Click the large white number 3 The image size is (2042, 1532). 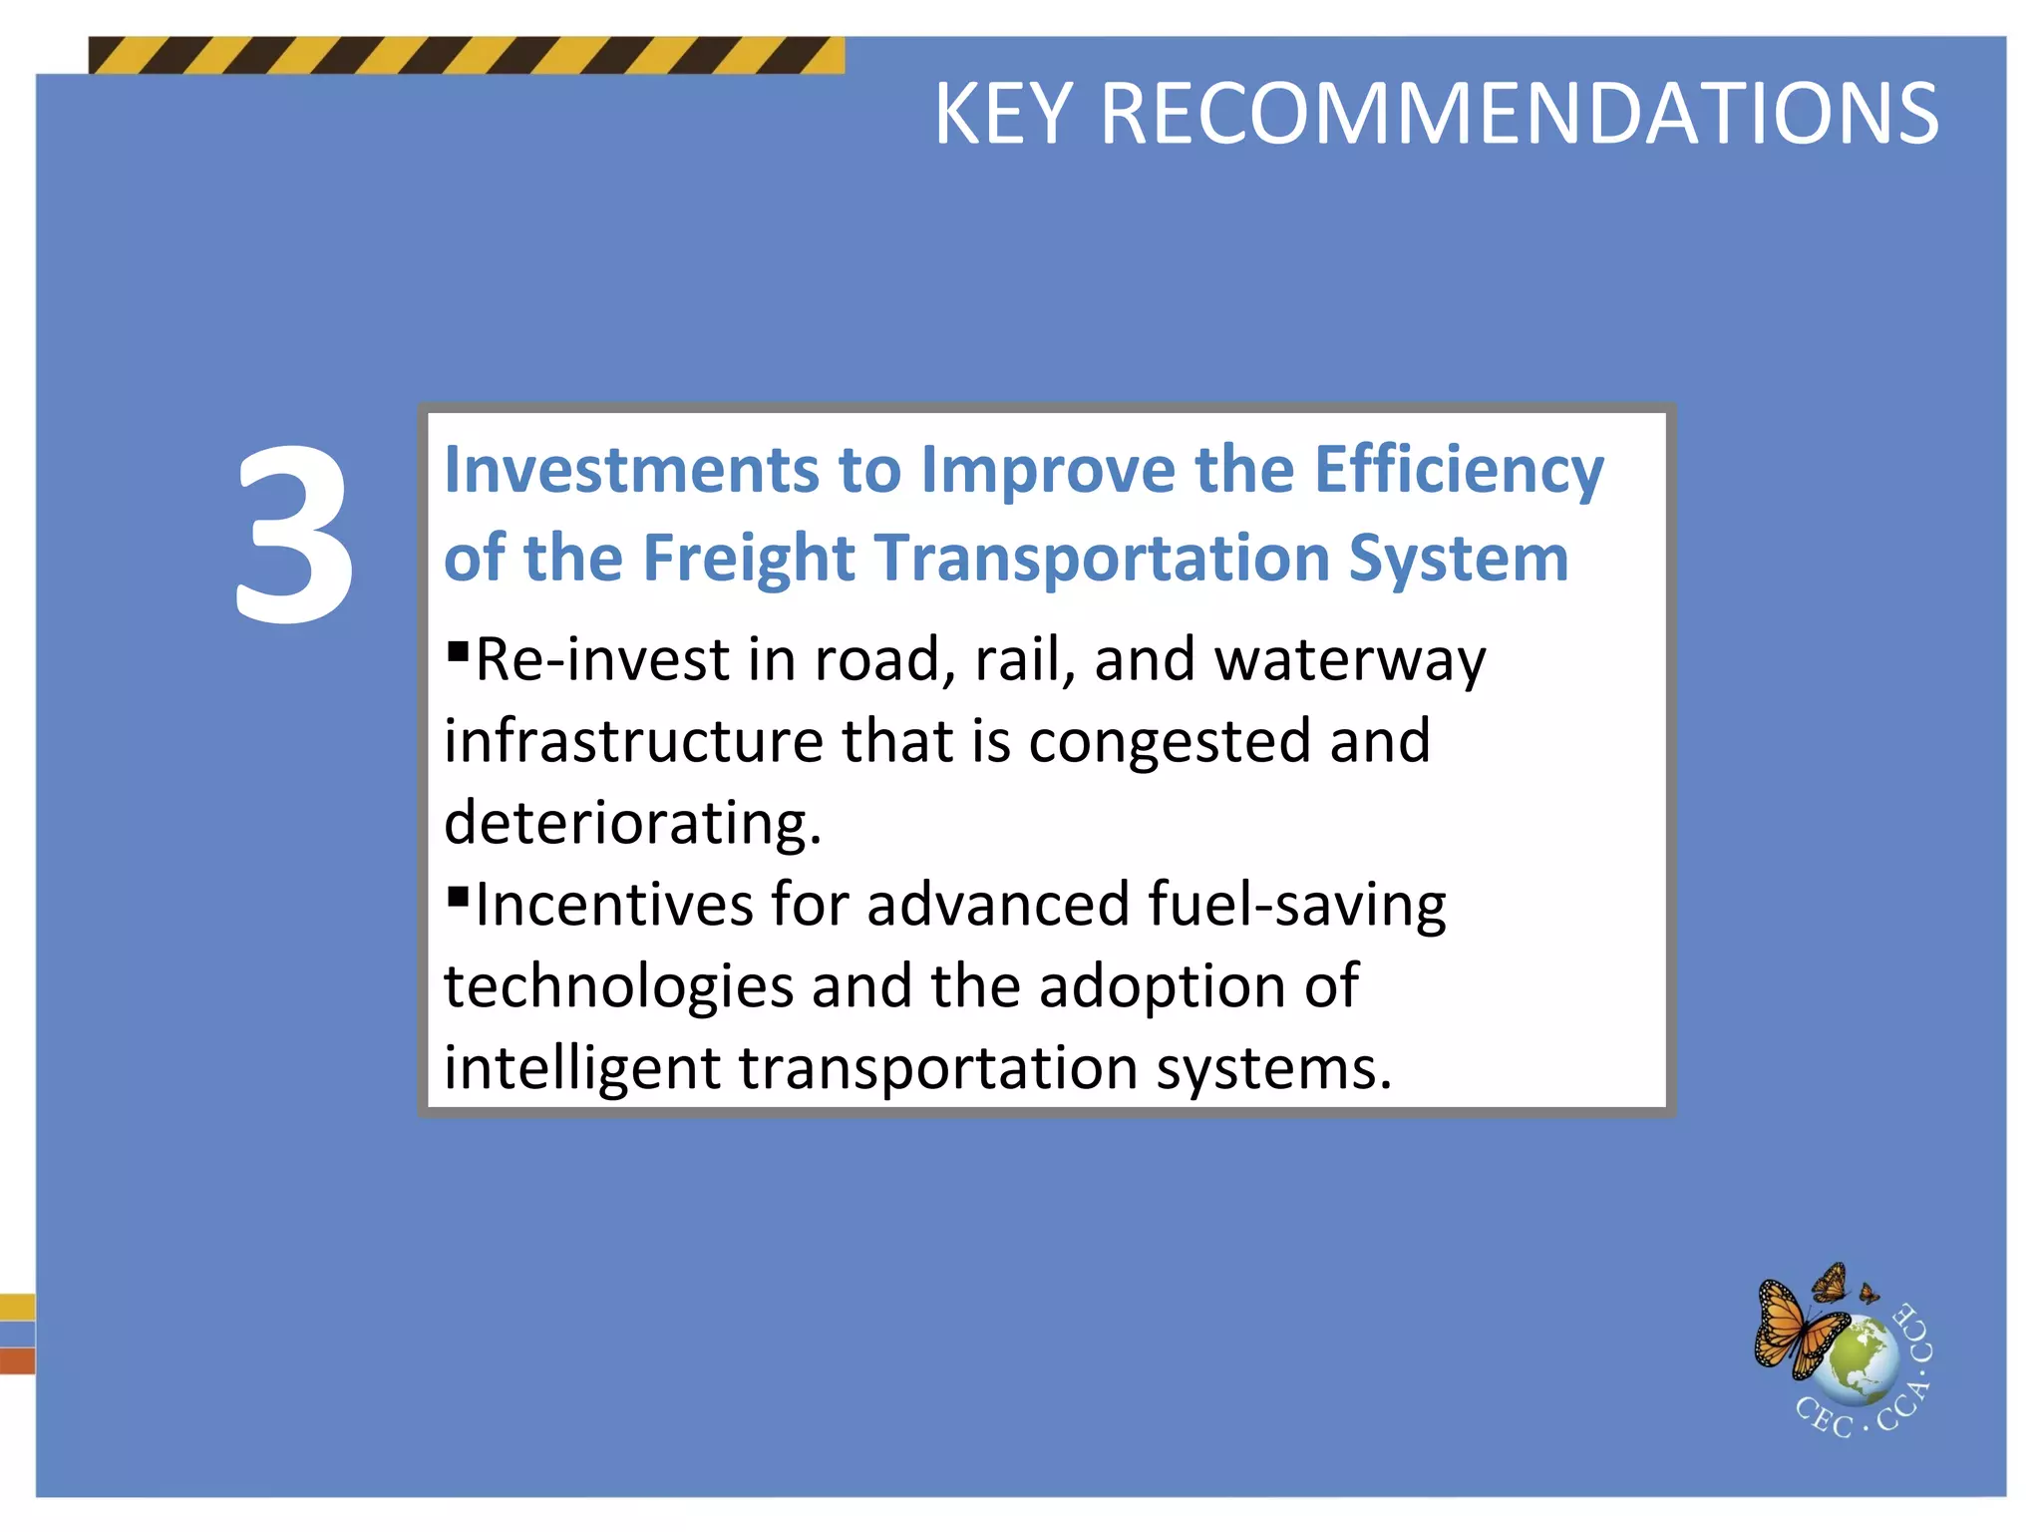(x=295, y=536)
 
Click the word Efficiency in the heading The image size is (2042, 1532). (x=1459, y=471)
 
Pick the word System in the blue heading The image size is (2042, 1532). (x=1458, y=560)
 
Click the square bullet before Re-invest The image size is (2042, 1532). (x=458, y=652)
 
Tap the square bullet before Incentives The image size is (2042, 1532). (x=458, y=897)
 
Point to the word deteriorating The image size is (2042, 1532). (x=632, y=824)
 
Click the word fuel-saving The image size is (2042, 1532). (x=1296, y=907)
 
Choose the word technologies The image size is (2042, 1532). (x=618, y=988)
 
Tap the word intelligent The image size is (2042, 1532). (x=581, y=1069)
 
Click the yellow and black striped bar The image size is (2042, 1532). (x=466, y=56)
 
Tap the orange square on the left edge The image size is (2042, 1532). (x=17, y=1360)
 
